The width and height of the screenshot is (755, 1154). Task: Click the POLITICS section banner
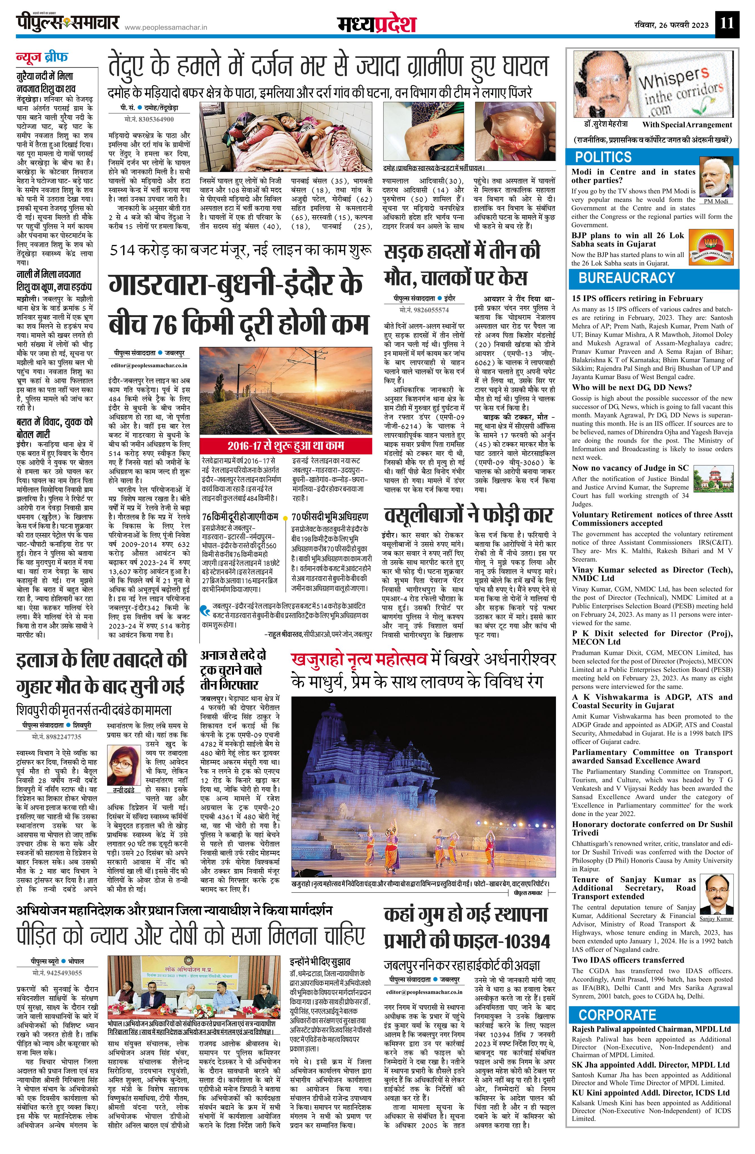pyautogui.click(x=603, y=157)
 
